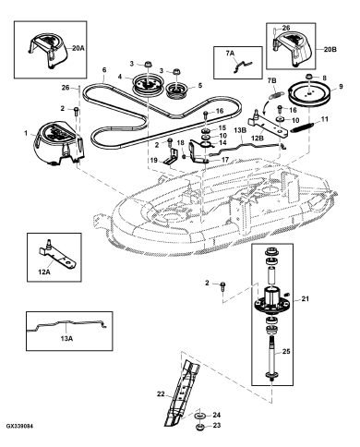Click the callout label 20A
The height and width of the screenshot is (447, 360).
tap(78, 48)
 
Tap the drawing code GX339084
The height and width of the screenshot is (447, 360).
tap(19, 427)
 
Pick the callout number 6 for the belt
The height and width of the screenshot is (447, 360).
tap(104, 70)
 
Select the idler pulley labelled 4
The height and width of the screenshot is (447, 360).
tap(146, 84)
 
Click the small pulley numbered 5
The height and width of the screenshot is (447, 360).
tap(177, 91)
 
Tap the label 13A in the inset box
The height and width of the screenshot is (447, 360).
tap(66, 339)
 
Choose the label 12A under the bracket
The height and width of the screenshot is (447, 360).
tap(44, 272)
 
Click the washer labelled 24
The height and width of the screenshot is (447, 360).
tap(201, 417)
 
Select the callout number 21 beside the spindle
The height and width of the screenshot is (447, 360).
tap(306, 299)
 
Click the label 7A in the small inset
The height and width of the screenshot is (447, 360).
tap(230, 53)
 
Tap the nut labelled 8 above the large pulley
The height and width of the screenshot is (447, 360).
tap(309, 76)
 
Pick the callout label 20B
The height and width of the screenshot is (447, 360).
tap(330, 49)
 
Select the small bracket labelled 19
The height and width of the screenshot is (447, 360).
tap(171, 157)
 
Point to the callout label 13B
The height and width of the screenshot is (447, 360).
tap(240, 129)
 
